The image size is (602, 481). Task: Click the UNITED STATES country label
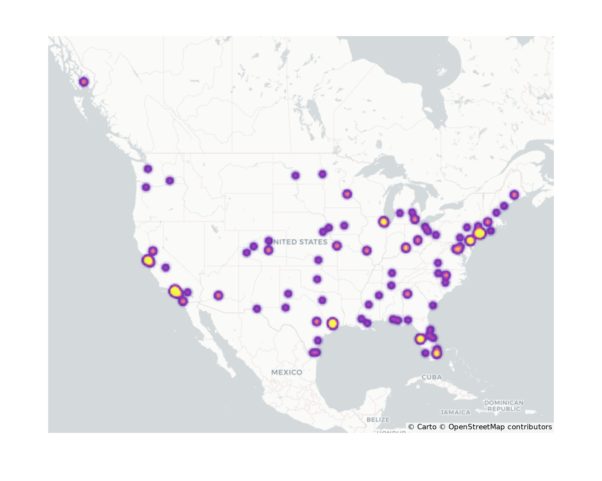[299, 242]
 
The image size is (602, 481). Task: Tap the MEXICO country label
[287, 372]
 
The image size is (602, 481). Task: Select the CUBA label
[432, 377]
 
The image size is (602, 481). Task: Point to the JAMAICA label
[455, 412]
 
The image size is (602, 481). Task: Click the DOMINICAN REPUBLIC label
[504, 406]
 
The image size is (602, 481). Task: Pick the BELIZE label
[378, 419]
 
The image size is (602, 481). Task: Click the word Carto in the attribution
[427, 427]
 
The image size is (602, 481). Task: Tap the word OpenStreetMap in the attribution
[476, 427]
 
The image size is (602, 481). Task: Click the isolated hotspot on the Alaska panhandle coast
[84, 82]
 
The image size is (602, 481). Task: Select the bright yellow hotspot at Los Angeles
[175, 291]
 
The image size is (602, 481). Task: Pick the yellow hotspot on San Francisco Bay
[148, 261]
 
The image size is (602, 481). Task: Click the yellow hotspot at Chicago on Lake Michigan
[383, 222]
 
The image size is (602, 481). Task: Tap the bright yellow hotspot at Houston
[332, 323]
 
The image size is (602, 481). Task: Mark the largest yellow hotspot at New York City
[479, 233]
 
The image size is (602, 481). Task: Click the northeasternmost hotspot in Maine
[514, 195]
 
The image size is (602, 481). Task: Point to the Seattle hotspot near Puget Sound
[148, 169]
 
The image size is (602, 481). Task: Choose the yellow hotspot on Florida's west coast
[420, 339]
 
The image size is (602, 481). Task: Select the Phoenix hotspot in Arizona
[219, 296]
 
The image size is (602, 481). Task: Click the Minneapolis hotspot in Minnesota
[347, 194]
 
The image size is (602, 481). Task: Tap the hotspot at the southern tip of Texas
[315, 353]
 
